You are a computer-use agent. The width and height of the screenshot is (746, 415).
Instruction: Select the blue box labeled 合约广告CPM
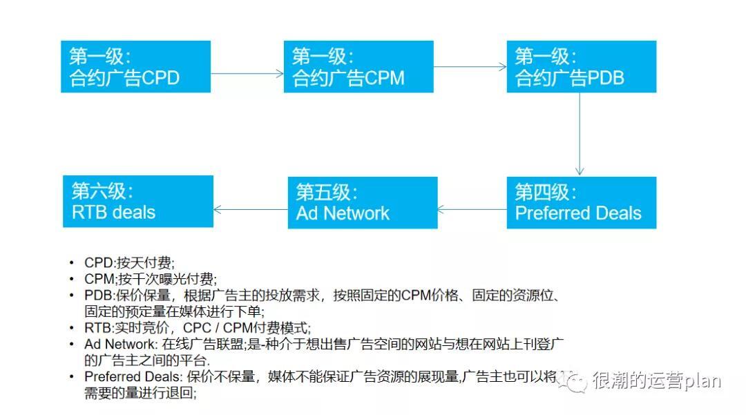coord(358,66)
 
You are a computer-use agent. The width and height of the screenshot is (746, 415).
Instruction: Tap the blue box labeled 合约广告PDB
coord(581,66)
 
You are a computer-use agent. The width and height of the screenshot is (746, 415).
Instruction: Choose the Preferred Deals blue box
coord(581,202)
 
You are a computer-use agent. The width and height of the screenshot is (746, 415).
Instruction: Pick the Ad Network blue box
coord(363,202)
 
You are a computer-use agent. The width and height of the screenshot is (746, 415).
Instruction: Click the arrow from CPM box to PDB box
coord(470,67)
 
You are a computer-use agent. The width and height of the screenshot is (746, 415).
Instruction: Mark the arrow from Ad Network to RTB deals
coord(251,209)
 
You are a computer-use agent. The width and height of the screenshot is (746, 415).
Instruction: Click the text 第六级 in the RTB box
coord(102,191)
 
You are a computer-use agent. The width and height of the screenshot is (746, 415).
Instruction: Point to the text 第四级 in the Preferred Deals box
coord(545,191)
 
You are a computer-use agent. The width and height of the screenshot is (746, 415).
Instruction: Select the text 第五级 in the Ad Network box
coord(327,191)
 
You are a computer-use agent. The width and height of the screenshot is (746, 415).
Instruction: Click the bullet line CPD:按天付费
coord(129,263)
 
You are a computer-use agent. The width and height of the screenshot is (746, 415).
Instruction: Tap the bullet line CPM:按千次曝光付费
coord(150,280)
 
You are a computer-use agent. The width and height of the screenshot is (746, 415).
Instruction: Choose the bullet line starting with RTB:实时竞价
coord(198,327)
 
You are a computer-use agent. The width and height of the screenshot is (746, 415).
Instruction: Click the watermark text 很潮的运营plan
coord(656,381)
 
